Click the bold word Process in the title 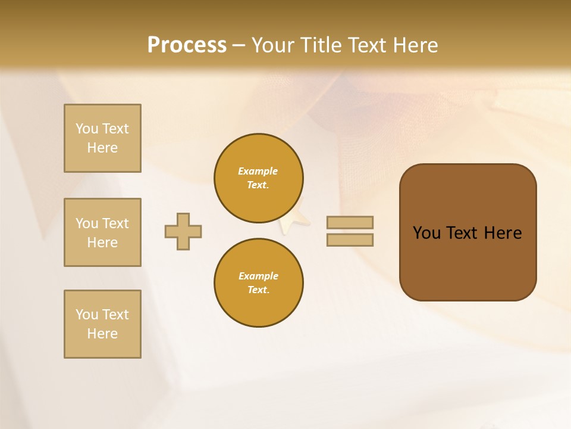[x=187, y=45]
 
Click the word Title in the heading [x=319, y=45]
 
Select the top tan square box [x=102, y=138]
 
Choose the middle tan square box [x=102, y=232]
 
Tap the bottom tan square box [x=102, y=324]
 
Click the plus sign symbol [x=183, y=231]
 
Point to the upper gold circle [x=259, y=178]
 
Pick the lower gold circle [x=259, y=283]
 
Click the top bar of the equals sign [x=350, y=222]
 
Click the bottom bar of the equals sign [x=350, y=240]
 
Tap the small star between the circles [x=296, y=219]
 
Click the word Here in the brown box [x=503, y=233]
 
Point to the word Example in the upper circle [x=258, y=171]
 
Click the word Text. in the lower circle [x=258, y=290]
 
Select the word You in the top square [x=87, y=129]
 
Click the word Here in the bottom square [x=102, y=334]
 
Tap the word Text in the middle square [x=115, y=223]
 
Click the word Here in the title [x=415, y=45]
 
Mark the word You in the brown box [x=426, y=233]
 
